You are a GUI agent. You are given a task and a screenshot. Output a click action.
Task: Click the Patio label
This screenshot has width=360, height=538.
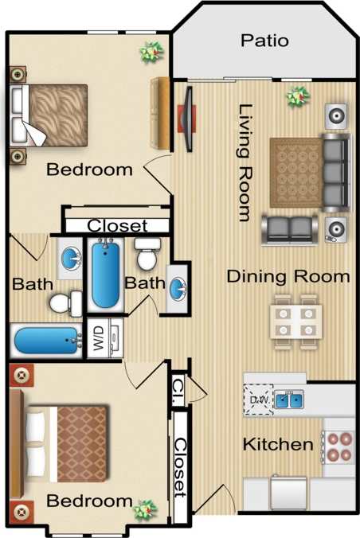pyautogui.click(x=264, y=41)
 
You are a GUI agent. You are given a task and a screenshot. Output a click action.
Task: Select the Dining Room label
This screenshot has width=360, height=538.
pyautogui.click(x=288, y=276)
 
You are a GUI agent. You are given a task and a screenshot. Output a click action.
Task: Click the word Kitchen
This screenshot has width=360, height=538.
pyautogui.click(x=277, y=444)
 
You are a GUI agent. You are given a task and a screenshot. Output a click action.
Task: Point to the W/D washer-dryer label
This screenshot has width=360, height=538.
pyautogui.click(x=100, y=341)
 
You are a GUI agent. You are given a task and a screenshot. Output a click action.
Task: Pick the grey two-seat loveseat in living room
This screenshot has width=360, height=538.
pyautogui.click(x=288, y=229)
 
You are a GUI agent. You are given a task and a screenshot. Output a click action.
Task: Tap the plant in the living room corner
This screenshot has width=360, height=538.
pyautogui.click(x=298, y=96)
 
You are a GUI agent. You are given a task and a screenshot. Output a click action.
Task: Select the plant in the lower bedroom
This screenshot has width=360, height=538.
pyautogui.click(x=144, y=508)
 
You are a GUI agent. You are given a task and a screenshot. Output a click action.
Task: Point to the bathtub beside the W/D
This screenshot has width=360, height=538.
pyautogui.click(x=46, y=341)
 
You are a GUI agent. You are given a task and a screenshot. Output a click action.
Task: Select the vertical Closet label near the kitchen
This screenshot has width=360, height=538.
pyautogui.click(x=181, y=464)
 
